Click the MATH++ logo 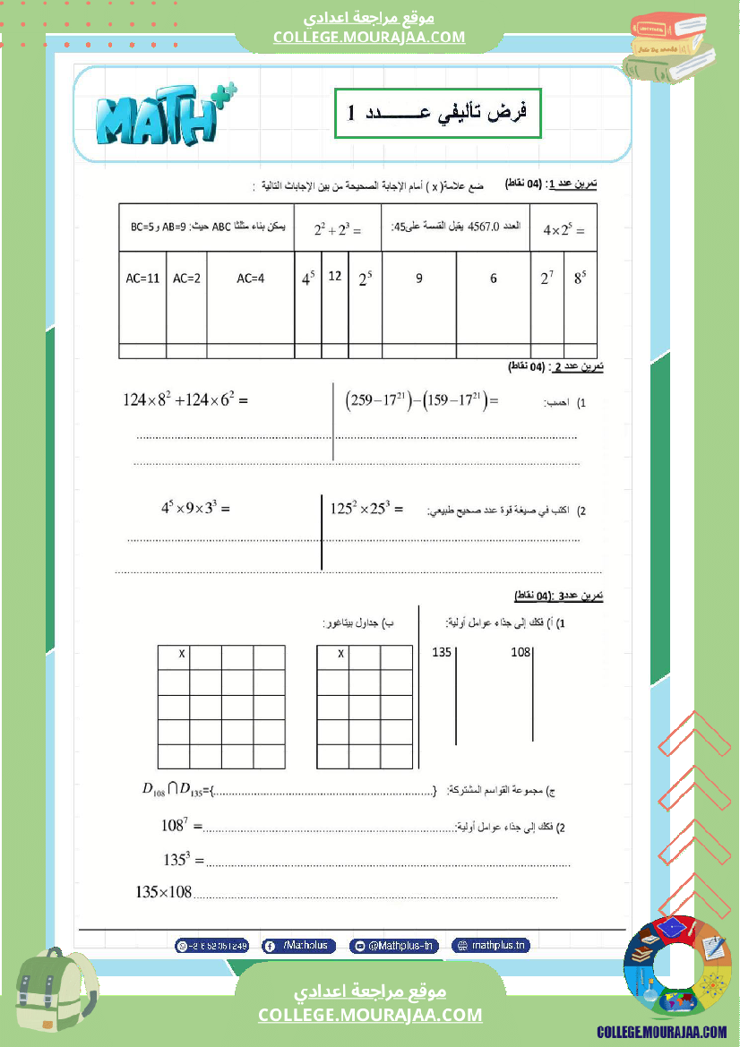tap(162, 114)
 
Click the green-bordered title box tap(438, 113)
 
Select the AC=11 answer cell tap(142, 279)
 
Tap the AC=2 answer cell tap(186, 279)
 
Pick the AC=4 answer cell tap(251, 279)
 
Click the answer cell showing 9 tap(418, 279)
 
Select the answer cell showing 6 tap(493, 279)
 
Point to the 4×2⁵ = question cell tap(564, 230)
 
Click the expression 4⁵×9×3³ tap(195, 508)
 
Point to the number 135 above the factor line tap(442, 652)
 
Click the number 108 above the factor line tap(521, 652)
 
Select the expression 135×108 tap(164, 892)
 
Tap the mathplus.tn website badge tap(492, 945)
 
